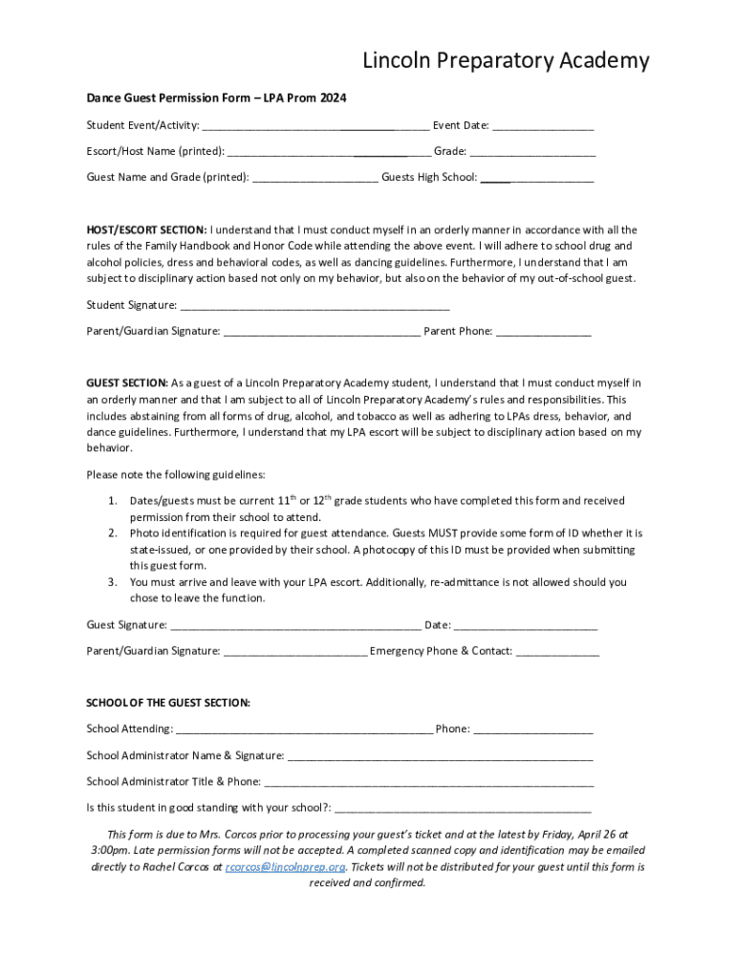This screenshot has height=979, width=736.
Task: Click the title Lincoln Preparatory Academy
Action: (506, 61)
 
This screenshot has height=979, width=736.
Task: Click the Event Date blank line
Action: (543, 125)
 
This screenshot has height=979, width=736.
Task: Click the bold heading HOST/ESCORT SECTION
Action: (146, 229)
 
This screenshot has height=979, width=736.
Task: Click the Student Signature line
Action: (314, 305)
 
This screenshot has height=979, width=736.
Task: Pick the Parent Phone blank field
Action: (543, 332)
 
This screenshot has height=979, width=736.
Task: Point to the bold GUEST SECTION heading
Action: (127, 383)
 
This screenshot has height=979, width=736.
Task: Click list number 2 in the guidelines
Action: (112, 533)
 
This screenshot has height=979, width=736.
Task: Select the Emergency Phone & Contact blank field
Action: (557, 652)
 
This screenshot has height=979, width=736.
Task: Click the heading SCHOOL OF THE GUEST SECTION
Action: (168, 703)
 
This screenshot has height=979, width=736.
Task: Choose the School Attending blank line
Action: (304, 729)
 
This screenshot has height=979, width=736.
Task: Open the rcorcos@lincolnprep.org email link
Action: (285, 867)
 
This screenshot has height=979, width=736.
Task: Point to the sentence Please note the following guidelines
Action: (176, 474)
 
